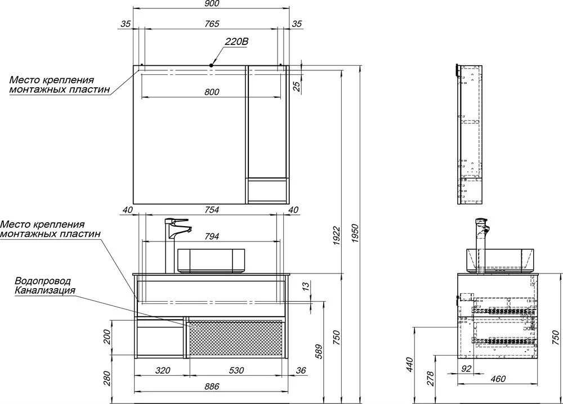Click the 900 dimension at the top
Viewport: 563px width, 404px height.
pos(212,3)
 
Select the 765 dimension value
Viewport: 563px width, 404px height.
pos(212,24)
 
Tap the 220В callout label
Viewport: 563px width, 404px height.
pos(236,42)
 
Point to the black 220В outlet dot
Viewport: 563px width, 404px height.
pos(211,65)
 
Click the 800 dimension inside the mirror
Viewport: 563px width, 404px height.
pos(212,92)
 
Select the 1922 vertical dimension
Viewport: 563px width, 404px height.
pos(336,236)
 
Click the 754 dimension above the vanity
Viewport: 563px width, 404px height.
pos(212,209)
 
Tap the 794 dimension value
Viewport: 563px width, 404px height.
pos(212,236)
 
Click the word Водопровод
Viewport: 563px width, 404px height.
pos(43,281)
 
